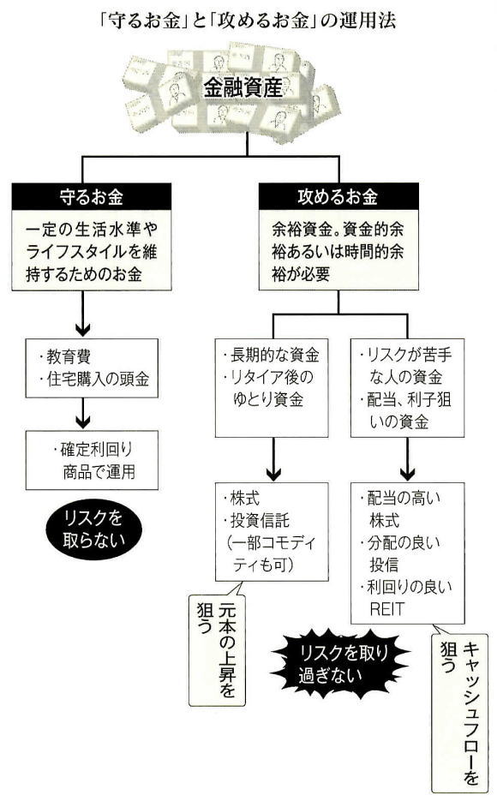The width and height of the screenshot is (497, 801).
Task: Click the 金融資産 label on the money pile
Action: (x=243, y=87)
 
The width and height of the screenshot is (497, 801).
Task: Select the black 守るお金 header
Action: (x=92, y=197)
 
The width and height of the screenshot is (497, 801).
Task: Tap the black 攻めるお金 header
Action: (x=338, y=197)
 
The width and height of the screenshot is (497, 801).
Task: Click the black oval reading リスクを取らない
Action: (x=93, y=529)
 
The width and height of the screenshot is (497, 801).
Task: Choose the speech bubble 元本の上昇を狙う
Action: (x=217, y=648)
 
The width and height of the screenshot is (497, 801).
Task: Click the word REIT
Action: (x=387, y=609)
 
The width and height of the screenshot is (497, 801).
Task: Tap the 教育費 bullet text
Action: (x=65, y=356)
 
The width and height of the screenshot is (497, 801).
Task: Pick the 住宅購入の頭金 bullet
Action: (x=94, y=379)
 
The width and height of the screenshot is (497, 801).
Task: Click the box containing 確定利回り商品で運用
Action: (x=92, y=460)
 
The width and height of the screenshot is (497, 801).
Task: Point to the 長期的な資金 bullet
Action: (x=272, y=355)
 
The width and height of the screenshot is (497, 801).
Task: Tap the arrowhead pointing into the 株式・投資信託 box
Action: (x=274, y=473)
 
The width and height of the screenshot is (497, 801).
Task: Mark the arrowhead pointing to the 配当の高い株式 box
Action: (x=407, y=473)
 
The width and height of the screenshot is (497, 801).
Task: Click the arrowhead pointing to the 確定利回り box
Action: (x=83, y=421)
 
